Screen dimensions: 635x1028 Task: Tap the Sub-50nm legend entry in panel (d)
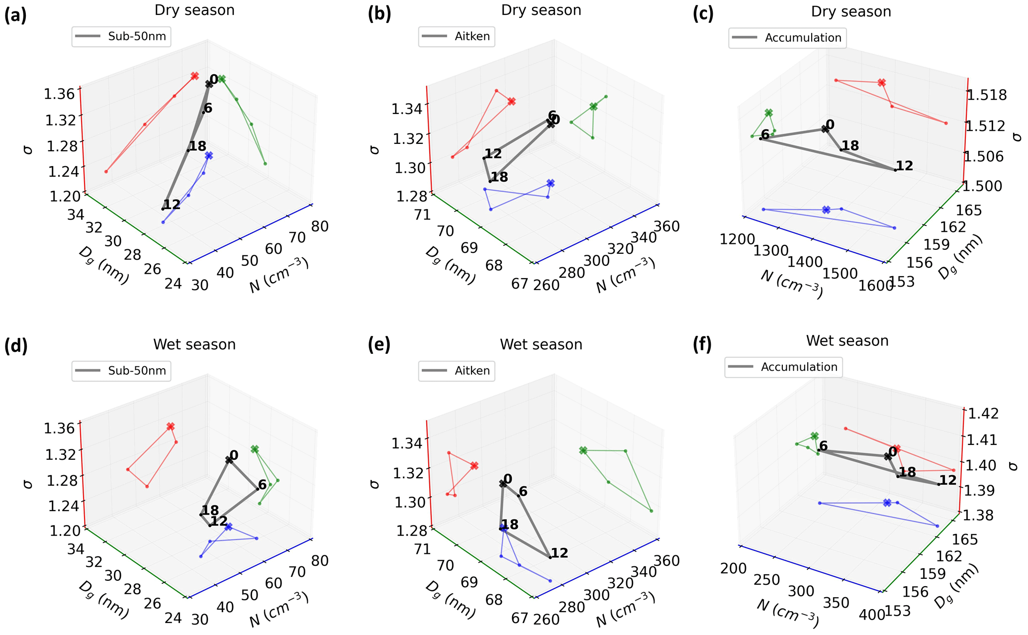[121, 371]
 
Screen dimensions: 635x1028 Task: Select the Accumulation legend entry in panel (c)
[788, 38]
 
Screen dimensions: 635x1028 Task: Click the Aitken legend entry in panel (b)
[457, 36]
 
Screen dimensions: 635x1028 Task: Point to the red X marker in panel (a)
[195, 76]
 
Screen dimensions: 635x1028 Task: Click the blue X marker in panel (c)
[826, 210]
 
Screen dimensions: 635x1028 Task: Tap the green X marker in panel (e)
[583, 450]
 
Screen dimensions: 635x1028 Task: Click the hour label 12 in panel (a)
[172, 205]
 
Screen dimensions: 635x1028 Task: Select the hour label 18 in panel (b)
[499, 177]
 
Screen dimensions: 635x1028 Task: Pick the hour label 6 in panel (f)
[823, 446]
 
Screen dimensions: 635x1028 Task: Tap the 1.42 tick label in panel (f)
[981, 414]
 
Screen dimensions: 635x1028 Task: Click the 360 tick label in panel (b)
[667, 226]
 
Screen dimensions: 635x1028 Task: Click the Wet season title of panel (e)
[541, 344]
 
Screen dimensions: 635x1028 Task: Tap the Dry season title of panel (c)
[851, 11]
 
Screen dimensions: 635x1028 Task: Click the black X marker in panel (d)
[229, 460]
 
